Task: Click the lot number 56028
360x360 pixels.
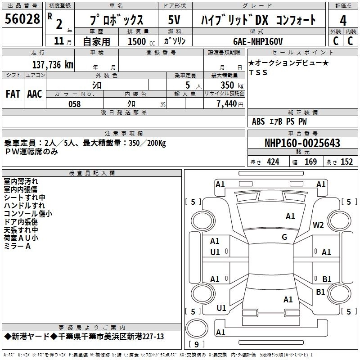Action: (22, 18)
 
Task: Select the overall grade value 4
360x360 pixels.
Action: (343, 20)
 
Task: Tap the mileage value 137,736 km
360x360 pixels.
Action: (53, 64)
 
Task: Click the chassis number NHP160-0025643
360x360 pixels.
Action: (302, 143)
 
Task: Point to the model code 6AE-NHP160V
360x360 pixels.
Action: (258, 41)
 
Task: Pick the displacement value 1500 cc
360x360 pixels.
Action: (141, 41)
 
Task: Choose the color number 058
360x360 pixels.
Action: (74, 104)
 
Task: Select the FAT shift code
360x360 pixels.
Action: (13, 94)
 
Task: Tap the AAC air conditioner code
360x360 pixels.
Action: (35, 94)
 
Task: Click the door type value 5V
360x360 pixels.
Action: (174, 20)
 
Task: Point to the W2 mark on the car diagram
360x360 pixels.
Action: (318, 225)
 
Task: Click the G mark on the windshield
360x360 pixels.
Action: (284, 237)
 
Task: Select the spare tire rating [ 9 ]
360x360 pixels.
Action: (197, 344)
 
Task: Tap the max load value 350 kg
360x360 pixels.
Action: (232, 85)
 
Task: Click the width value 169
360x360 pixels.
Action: (310, 162)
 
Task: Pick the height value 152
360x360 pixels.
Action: (346, 162)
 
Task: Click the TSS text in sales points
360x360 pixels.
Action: (258, 72)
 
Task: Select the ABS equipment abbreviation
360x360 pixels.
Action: (258, 121)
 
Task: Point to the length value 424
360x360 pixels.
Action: (273, 162)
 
